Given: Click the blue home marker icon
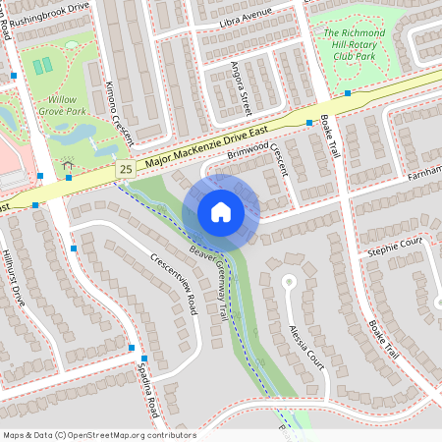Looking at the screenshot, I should (221, 211).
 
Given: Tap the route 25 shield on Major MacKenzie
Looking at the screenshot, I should (126, 170).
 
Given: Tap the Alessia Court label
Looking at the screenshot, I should (306, 344).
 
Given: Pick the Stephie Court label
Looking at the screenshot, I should (393, 240).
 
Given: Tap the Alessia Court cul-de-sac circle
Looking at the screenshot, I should (288, 282).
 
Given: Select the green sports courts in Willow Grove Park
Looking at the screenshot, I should (42, 68).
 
